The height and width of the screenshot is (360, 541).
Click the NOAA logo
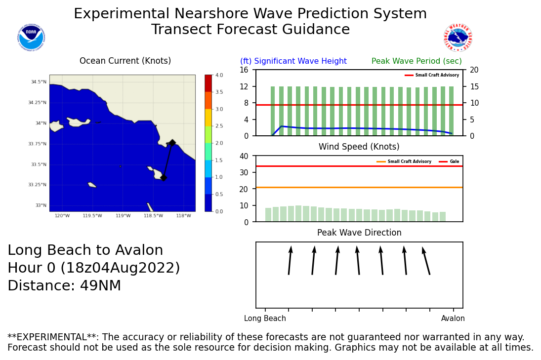coord(31,38)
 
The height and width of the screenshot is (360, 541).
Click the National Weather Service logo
coord(458,38)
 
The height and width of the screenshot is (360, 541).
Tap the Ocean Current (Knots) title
coord(125,61)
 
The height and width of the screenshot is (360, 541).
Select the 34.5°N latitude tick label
coord(39,82)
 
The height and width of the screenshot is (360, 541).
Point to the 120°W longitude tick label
coord(62,216)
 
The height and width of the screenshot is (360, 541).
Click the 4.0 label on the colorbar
coord(219,75)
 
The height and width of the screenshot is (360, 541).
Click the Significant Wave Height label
coord(293,61)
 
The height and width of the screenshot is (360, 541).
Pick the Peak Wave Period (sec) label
coord(416,61)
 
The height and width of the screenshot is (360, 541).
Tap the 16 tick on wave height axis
coord(244,70)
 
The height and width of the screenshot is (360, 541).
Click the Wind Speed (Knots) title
coord(359,147)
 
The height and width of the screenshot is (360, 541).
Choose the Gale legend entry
coord(454,161)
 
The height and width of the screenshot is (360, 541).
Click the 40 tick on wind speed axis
coord(244,156)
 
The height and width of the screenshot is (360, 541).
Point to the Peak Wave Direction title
coord(359,233)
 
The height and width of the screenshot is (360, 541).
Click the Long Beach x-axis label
coord(265,319)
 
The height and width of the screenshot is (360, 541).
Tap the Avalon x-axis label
coord(453,319)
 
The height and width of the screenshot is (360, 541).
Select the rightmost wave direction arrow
coord(426,260)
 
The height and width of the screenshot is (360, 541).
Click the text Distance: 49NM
coord(64,286)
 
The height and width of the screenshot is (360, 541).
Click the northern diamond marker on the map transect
coord(172,143)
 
